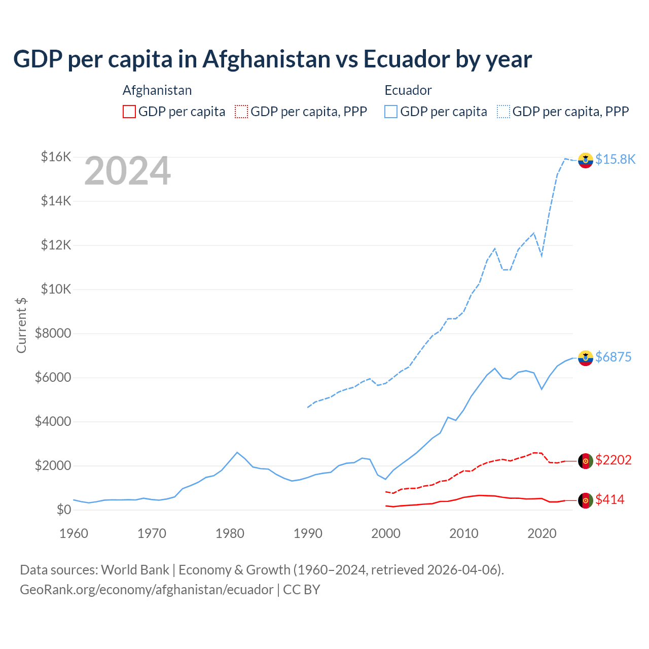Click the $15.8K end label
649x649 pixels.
(615, 159)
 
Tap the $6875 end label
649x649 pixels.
(613, 357)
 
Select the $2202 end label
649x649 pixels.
(613, 460)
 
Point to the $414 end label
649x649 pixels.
(609, 499)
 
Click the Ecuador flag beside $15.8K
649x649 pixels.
(586, 160)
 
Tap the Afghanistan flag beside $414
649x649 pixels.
(586, 500)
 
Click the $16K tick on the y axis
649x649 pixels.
(56, 157)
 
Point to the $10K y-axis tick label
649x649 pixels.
(56, 289)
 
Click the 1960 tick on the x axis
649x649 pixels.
(74, 533)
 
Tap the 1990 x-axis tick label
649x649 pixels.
(308, 533)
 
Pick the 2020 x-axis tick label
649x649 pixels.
(542, 533)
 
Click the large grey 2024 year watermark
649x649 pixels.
(127, 171)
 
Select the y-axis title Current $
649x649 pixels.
(21, 326)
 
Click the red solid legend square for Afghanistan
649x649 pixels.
(129, 112)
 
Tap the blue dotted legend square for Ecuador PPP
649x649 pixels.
(503, 112)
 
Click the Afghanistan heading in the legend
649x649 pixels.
(157, 90)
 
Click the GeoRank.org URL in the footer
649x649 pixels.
(147, 590)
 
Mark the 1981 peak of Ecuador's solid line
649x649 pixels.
(237, 452)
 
